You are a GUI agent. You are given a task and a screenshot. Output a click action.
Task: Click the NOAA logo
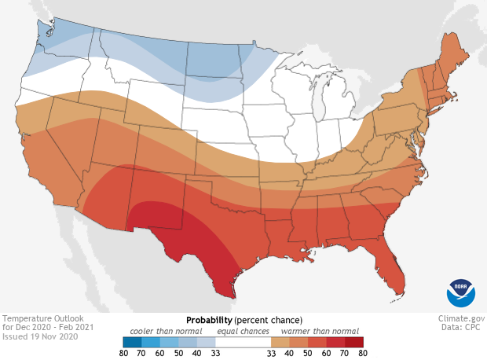460,292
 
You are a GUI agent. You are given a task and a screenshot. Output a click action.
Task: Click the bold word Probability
208,321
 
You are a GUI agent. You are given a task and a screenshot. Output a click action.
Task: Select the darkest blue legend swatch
130,342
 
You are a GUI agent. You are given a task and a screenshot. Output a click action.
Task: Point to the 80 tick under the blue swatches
123,354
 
